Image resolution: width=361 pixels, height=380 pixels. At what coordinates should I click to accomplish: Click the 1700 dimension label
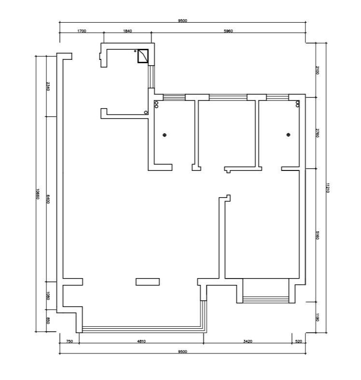(82, 31)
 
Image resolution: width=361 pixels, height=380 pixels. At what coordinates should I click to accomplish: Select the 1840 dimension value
(128, 31)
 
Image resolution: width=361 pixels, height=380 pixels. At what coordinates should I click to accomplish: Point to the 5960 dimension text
(228, 31)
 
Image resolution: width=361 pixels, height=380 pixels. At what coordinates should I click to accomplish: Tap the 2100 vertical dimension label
(318, 70)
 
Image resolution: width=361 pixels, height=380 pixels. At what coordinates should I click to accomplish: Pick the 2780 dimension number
(318, 133)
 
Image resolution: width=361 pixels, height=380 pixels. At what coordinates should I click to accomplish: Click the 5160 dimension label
(318, 235)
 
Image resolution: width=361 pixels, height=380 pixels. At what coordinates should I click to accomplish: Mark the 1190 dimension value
(318, 317)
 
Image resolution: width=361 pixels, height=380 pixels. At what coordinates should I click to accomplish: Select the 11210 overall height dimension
(328, 188)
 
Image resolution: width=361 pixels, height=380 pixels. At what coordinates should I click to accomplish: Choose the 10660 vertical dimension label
(38, 194)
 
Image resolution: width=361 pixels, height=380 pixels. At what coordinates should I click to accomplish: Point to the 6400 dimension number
(48, 199)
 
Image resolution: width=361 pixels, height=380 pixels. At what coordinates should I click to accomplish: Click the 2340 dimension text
(48, 86)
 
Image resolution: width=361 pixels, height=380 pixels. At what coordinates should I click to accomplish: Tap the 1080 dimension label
(48, 296)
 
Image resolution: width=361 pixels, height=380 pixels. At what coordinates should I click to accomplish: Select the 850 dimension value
(48, 321)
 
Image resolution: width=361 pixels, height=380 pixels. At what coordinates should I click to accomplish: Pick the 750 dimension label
(70, 341)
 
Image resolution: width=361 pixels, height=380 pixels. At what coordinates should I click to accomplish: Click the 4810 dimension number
(142, 341)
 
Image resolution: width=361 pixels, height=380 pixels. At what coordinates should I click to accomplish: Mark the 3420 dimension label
(248, 341)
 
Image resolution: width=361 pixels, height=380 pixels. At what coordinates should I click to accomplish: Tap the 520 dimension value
(299, 341)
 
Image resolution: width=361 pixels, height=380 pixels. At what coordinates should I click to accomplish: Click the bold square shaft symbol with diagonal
(143, 56)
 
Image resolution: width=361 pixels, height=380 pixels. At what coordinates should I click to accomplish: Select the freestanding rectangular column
(147, 282)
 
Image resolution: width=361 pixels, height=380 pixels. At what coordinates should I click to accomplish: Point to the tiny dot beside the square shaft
(135, 51)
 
